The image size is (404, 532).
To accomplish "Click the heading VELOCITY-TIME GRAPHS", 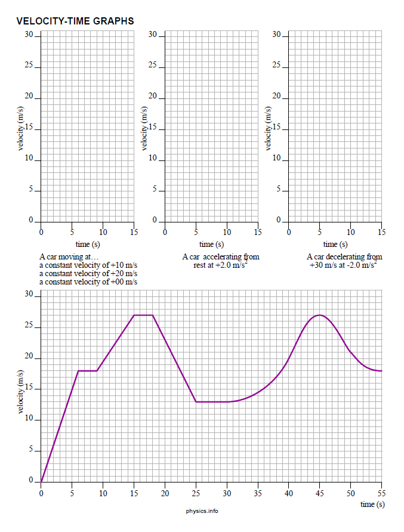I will coord(75,21).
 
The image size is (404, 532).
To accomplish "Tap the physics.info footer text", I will coord(202,511).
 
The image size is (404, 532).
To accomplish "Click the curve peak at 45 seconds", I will coord(320,315).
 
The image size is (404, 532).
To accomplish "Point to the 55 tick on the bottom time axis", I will coord(381,493).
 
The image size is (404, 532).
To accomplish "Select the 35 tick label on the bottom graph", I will coord(258,493).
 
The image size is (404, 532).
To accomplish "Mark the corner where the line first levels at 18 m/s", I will coord(78,371).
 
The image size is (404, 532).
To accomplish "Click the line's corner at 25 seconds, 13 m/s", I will coord(196,402).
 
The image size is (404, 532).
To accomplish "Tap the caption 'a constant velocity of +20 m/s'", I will coord(88,273).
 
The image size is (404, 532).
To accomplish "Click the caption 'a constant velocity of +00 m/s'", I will coord(88,282).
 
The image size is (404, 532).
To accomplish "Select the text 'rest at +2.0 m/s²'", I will coord(220,265).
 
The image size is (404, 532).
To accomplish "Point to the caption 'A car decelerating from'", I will coord(344,257).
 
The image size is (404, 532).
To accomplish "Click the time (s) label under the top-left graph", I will coord(87,244).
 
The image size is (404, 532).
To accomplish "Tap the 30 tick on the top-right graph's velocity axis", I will coord(277,35).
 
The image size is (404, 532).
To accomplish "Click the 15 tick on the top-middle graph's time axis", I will coord(258,232).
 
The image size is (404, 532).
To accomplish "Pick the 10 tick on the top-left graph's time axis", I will coord(103,232).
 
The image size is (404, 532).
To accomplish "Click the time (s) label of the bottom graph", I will coord(372,505).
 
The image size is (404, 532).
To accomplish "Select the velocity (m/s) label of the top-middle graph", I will coord(145,128).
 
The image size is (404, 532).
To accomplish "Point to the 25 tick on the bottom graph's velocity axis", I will coord(29,327).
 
